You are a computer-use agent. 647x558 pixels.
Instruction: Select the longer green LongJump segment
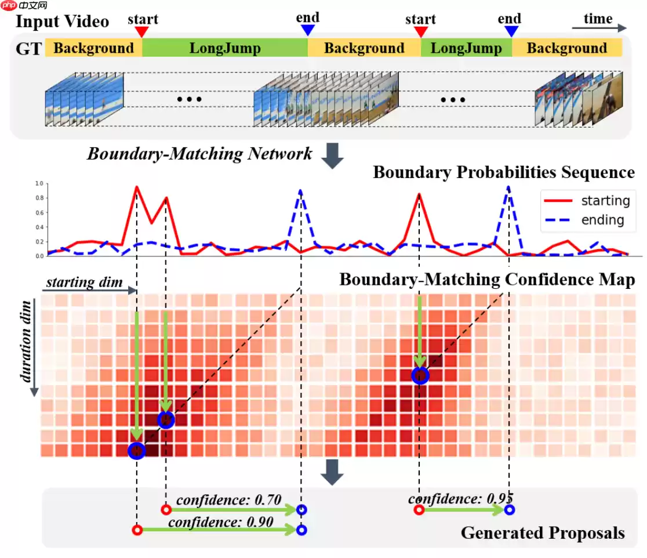click(x=224, y=48)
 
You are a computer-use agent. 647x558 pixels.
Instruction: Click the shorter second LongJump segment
click(x=466, y=48)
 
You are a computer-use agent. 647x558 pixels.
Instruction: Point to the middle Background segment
click(x=364, y=48)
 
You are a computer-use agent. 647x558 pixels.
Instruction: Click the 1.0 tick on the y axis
click(x=39, y=183)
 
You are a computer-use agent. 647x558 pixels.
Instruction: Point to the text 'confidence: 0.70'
click(x=229, y=499)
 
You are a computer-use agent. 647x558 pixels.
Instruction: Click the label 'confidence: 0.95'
click(x=461, y=498)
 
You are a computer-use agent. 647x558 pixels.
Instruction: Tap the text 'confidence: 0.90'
click(x=221, y=521)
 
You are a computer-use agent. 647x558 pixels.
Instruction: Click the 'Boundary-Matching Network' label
click(x=199, y=154)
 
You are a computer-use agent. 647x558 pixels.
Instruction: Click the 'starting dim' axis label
click(x=85, y=282)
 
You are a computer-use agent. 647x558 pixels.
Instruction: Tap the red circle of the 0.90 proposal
click(x=137, y=530)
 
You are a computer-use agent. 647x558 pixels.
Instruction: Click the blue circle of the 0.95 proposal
click(x=509, y=510)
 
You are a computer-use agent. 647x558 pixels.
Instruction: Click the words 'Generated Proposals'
click(x=543, y=533)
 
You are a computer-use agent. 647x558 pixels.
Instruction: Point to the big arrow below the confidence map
click(x=333, y=470)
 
